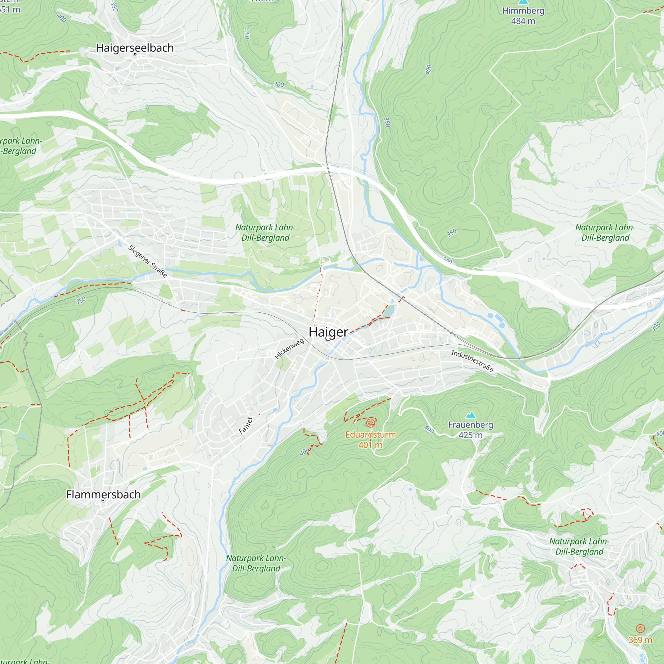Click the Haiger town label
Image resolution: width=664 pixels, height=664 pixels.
[x=328, y=332]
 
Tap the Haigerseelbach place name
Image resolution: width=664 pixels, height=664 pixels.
[x=135, y=48]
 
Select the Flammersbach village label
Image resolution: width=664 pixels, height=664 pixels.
[x=104, y=495]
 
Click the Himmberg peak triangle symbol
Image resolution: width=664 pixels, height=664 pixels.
[x=523, y=1]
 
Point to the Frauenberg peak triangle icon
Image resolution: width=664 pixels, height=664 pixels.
[x=470, y=415]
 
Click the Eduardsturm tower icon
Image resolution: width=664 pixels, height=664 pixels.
[x=371, y=423]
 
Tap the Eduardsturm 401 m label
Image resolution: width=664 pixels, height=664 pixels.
[x=371, y=440]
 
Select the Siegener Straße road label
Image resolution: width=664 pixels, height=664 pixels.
[x=148, y=262]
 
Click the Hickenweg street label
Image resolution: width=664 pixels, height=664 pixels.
[x=290, y=349]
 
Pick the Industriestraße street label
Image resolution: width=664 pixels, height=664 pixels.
[x=472, y=361]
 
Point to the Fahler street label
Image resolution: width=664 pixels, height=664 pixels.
[x=246, y=426]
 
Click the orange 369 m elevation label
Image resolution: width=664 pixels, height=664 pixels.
[x=640, y=640]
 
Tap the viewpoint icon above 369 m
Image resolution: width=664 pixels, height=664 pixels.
[x=640, y=629]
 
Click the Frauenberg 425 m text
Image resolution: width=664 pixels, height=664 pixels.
[x=470, y=430]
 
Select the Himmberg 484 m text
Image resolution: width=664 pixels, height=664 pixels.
[x=523, y=16]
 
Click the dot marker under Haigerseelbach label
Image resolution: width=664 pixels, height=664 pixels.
[x=135, y=54]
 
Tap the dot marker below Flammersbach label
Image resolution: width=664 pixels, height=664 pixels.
[x=103, y=501]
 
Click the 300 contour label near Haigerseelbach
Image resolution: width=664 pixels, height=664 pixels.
[x=279, y=85]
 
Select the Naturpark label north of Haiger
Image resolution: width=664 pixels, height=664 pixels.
[x=265, y=233]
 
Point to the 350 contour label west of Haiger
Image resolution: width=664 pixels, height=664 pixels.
[x=81, y=301]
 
